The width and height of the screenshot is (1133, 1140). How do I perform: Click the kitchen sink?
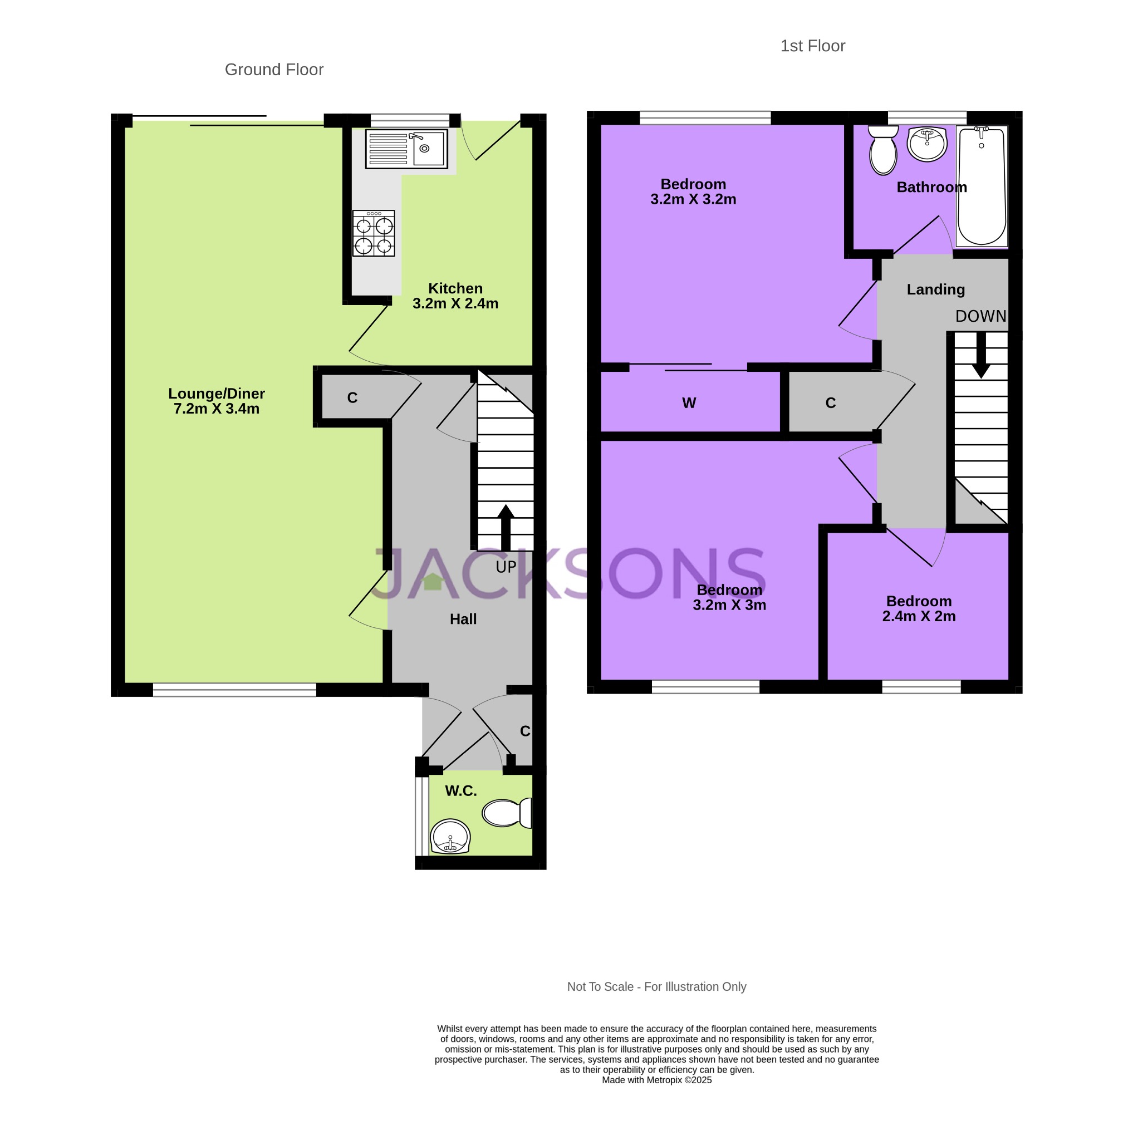(406, 149)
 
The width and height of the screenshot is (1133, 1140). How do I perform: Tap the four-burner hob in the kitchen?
(374, 234)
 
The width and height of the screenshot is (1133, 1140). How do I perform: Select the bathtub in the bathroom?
(982, 186)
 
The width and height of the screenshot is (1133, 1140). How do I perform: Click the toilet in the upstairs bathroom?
(884, 151)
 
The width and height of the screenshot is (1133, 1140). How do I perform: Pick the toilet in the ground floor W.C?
(506, 813)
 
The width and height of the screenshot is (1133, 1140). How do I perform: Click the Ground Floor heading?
(274, 70)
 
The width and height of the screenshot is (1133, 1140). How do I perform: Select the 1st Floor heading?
(812, 46)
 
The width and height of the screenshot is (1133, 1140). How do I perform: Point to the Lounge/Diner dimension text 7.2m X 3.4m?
(217, 409)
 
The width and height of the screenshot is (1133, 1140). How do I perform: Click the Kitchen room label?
(455, 288)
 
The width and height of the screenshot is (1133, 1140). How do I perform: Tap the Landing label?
(935, 289)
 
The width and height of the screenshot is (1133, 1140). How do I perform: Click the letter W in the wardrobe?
(689, 403)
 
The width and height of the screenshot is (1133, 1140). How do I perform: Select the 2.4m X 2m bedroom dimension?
(919, 617)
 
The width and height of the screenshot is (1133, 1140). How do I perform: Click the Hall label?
(463, 619)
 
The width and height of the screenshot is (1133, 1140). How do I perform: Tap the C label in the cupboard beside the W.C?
(524, 731)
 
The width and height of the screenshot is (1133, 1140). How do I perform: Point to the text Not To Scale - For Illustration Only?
(656, 987)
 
